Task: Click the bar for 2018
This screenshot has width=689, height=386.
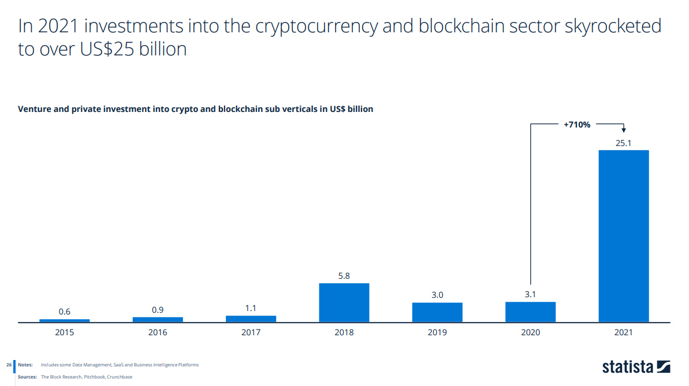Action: click(x=344, y=302)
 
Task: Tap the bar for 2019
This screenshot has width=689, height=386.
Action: click(x=437, y=312)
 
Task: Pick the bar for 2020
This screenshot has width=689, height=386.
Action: click(x=530, y=312)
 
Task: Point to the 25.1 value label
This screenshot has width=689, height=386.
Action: click(x=623, y=143)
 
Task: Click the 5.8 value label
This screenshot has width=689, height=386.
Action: click(x=344, y=276)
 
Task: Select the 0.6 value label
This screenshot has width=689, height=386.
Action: click(x=64, y=312)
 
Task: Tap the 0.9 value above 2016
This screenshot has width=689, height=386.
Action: click(x=158, y=310)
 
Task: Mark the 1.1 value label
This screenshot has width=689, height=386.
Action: click(x=251, y=308)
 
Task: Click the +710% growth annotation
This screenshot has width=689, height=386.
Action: click(x=576, y=123)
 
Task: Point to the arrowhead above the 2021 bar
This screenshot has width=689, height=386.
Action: click(x=624, y=131)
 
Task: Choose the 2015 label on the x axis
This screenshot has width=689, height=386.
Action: click(x=64, y=332)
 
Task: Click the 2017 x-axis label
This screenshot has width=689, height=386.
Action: click(x=251, y=332)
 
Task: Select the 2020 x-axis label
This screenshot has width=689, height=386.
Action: click(x=530, y=332)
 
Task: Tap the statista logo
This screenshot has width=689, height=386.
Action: click(x=635, y=366)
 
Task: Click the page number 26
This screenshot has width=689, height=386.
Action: click(x=9, y=365)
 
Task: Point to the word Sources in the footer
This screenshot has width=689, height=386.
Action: click(x=27, y=377)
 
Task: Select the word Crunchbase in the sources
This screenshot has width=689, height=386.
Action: click(x=120, y=377)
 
